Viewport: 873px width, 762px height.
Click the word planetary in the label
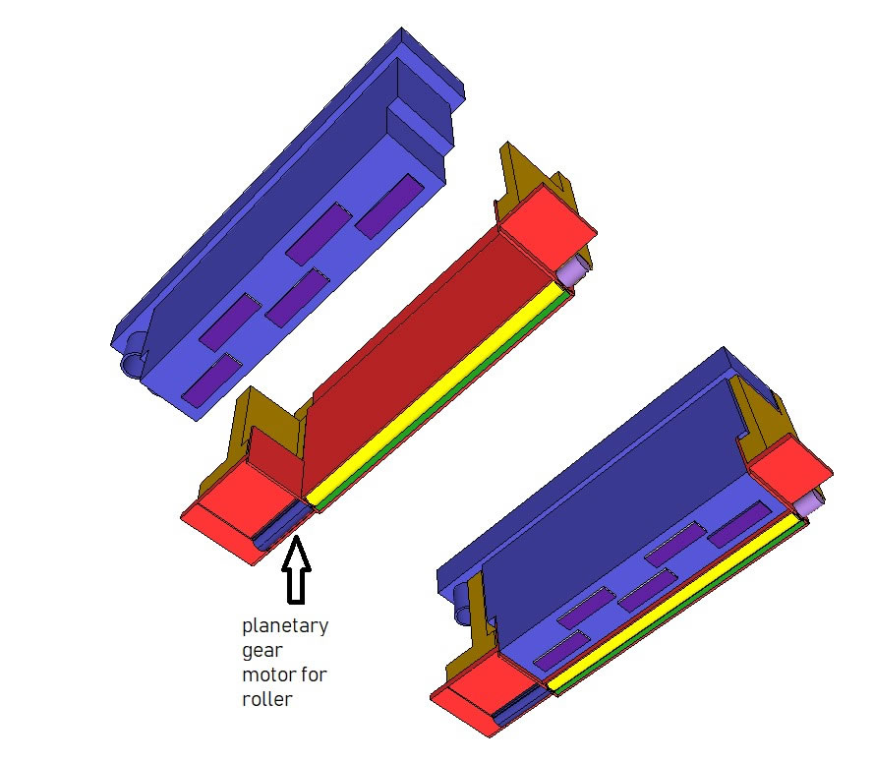285,626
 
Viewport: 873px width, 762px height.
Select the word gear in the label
262,651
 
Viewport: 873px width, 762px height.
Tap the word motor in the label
265,675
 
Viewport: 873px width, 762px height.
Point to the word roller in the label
267,699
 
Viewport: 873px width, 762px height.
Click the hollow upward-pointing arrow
296,570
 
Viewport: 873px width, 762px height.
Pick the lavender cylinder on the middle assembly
573,272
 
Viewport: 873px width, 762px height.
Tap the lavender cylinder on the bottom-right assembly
807,505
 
